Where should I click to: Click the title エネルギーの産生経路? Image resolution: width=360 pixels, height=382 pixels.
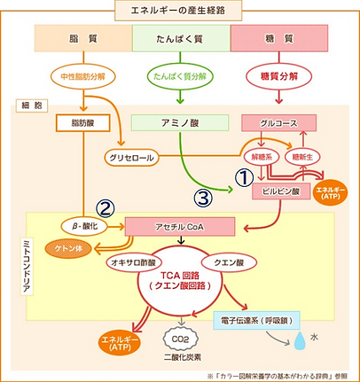(179, 12)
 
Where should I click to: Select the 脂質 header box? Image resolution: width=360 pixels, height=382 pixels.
(82, 38)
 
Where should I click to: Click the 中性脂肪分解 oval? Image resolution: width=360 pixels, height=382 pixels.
(82, 76)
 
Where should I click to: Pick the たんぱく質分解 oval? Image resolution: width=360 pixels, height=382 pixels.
(180, 76)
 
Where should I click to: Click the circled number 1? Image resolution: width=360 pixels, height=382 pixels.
(243, 177)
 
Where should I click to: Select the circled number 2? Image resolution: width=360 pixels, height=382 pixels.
(106, 208)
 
